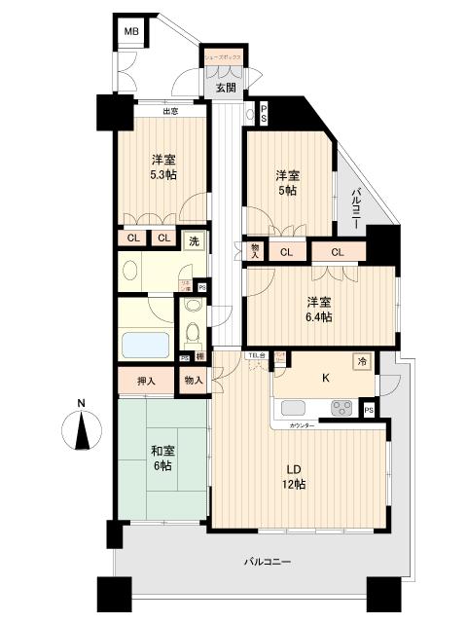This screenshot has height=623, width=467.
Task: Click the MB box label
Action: click(x=129, y=33)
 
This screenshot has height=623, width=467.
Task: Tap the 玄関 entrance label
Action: click(x=225, y=88)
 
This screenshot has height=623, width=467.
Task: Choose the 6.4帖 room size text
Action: click(x=318, y=317)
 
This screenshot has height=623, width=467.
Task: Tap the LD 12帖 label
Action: click(x=291, y=476)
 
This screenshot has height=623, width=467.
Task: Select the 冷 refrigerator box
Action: click(x=360, y=359)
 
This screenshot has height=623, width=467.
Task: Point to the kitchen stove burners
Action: click(x=341, y=409)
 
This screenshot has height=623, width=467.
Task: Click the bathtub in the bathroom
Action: click(x=144, y=345)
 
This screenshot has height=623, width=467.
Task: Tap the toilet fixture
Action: click(x=192, y=334)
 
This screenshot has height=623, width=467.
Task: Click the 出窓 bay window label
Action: click(x=170, y=111)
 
